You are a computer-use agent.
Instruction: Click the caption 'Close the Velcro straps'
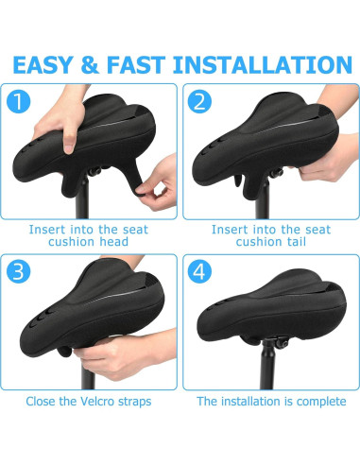click(x=90, y=402)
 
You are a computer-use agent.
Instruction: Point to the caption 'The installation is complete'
click(x=271, y=402)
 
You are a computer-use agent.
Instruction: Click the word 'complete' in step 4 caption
click(x=319, y=402)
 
